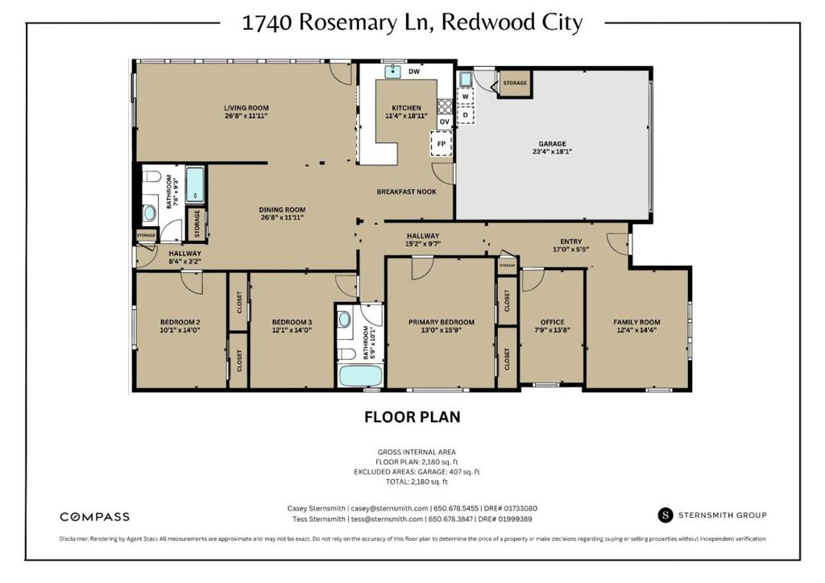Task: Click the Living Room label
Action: [x=247, y=108]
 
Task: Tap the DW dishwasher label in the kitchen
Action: [x=414, y=72]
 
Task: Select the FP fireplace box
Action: [x=442, y=143]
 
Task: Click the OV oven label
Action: [x=445, y=122]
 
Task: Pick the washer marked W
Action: [x=465, y=97]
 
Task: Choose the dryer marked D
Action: [x=465, y=114]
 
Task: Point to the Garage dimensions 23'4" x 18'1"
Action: [x=552, y=151]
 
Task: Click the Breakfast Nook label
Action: [x=406, y=192]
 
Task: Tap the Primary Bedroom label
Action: [x=442, y=322]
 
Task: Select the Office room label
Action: [x=552, y=322]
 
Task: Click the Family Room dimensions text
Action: [x=636, y=330]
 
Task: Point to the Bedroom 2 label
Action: [x=180, y=322]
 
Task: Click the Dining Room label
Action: [x=282, y=209]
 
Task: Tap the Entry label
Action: [x=571, y=242]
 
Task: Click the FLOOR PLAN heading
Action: [x=412, y=417]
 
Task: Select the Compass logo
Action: [x=95, y=517]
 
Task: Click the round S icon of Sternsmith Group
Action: [x=665, y=515]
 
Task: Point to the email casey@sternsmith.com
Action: [x=389, y=508]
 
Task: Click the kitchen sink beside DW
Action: [x=392, y=71]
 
